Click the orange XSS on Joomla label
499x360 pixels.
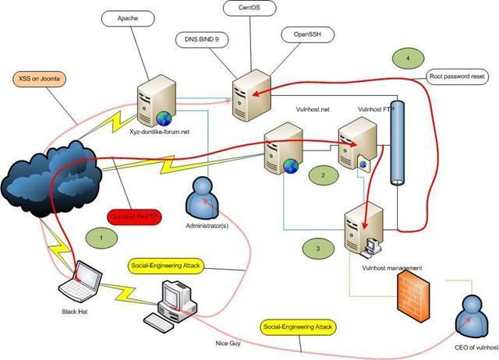pyautogui.click(x=40, y=78)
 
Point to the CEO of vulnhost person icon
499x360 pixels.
pyautogui.click(x=473, y=310)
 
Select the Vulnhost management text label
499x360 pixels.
pyautogui.click(x=391, y=267)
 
